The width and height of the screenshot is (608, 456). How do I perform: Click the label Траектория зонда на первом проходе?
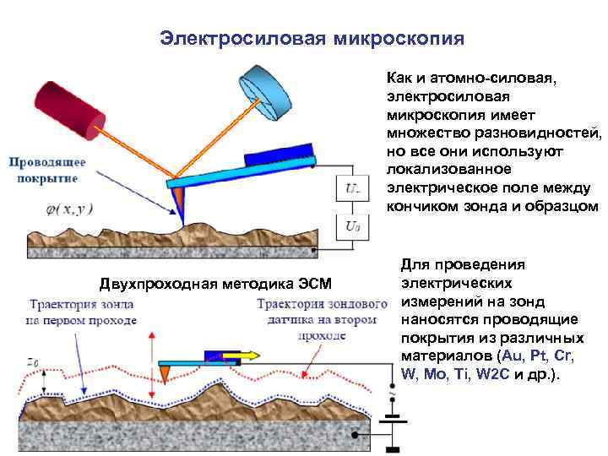pos(83,312)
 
